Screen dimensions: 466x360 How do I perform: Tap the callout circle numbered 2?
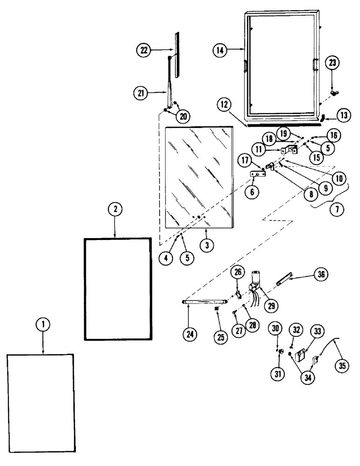[x=115, y=211]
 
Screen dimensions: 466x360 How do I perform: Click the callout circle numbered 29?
[x=270, y=306]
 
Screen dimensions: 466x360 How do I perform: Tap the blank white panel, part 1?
[x=41, y=403]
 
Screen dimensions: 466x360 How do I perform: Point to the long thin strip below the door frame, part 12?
[x=284, y=124]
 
